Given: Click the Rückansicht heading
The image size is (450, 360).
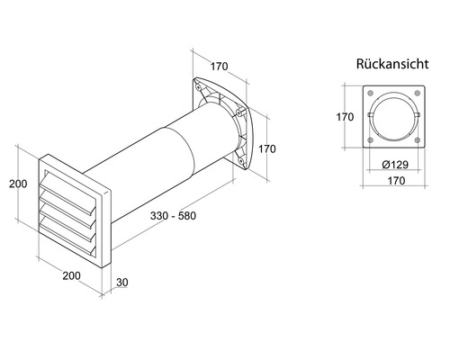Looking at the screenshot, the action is tap(392, 64).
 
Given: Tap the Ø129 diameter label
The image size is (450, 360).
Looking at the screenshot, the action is tap(395, 165).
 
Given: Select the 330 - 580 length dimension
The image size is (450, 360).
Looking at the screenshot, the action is tap(173, 216).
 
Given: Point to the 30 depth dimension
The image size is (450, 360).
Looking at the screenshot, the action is tap(122, 283).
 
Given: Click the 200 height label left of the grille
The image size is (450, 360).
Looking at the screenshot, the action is tap(18, 184).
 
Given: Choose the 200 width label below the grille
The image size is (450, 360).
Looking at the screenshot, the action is tap(71, 275).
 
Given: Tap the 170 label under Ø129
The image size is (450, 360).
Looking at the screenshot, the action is tap(396, 181).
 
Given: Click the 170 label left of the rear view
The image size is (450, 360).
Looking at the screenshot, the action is tap(345, 117).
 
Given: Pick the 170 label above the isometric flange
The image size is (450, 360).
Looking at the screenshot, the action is tap(219, 67).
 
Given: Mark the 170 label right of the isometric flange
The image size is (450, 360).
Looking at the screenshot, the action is tap(267, 148).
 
